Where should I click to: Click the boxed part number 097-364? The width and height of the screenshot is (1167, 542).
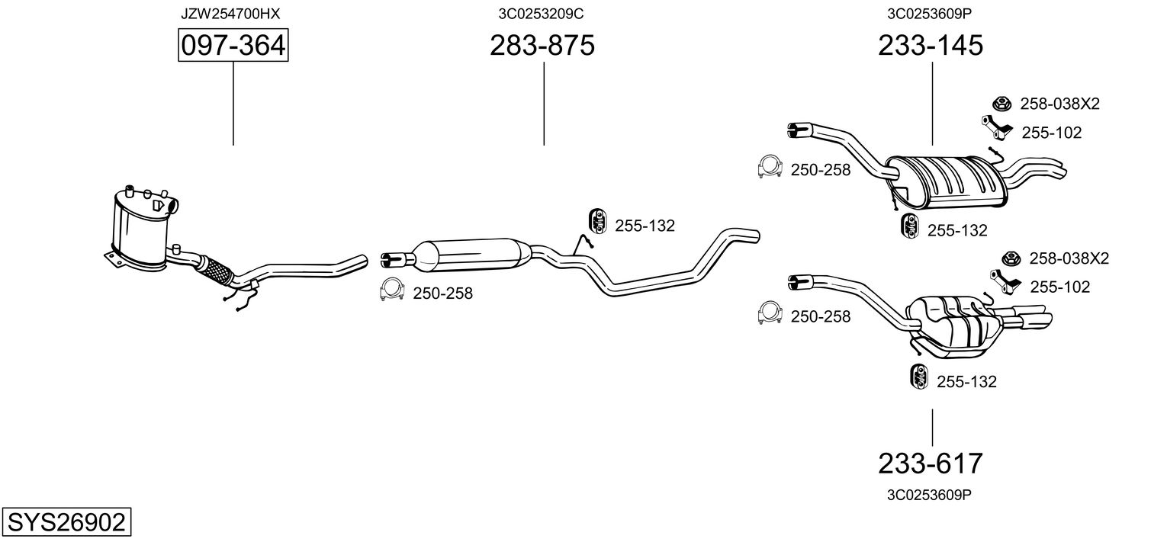pyautogui.click(x=233, y=47)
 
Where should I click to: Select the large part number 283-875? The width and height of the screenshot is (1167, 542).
pyautogui.click(x=542, y=47)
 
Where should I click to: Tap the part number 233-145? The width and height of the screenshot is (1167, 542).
pyautogui.click(x=931, y=47)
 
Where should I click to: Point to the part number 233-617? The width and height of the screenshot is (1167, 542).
pyautogui.click(x=931, y=463)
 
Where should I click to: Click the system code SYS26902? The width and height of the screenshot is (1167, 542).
pyautogui.click(x=66, y=523)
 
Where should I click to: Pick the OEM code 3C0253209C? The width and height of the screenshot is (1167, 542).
pyautogui.click(x=542, y=14)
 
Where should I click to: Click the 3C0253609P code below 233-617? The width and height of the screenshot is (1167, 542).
pyautogui.click(x=929, y=495)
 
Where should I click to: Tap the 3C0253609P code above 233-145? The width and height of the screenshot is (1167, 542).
pyautogui.click(x=931, y=14)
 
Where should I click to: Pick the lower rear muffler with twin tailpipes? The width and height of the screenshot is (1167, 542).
pyautogui.click(x=953, y=324)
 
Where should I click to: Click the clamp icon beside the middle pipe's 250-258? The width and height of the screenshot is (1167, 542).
pyautogui.click(x=391, y=290)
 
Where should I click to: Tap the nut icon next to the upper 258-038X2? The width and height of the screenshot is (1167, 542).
pyautogui.click(x=1000, y=104)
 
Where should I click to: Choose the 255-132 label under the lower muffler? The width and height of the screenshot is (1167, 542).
pyautogui.click(x=966, y=382)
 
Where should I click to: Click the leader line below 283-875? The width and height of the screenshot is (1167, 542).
pyautogui.click(x=544, y=104)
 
